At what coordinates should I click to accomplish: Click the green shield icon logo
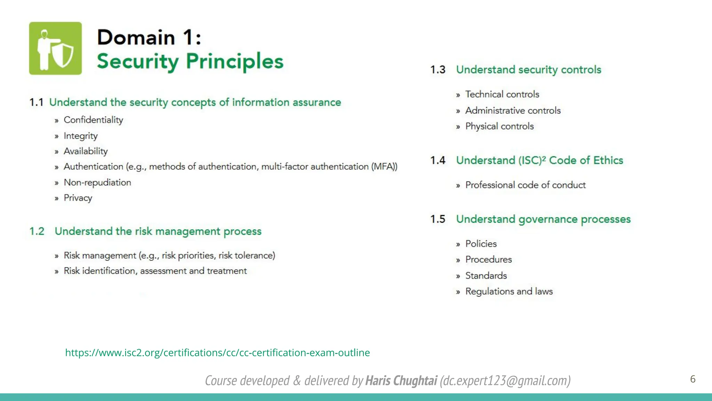click(x=55, y=48)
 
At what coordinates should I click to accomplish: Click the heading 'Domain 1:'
click(x=149, y=37)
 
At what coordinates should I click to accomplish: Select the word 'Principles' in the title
click(x=235, y=61)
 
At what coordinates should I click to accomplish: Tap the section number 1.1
click(x=36, y=102)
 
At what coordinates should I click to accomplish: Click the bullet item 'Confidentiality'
click(x=93, y=120)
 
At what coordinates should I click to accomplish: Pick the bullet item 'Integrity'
click(x=80, y=136)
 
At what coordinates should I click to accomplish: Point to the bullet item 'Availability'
click(x=86, y=151)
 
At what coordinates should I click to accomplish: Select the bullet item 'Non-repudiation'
click(x=97, y=182)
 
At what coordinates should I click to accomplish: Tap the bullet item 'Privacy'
click(x=78, y=198)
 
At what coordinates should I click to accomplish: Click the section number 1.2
click(x=37, y=231)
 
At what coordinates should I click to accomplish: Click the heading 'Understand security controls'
click(x=528, y=70)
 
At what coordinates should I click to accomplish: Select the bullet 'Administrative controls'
click(x=513, y=111)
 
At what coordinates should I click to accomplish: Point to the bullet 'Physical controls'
click(x=499, y=126)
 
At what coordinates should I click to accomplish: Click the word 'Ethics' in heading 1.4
click(x=608, y=160)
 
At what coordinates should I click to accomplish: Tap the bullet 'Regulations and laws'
click(x=509, y=291)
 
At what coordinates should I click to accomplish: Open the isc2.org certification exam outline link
click(x=217, y=353)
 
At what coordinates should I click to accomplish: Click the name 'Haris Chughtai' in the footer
click(x=401, y=380)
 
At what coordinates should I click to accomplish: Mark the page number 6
click(x=693, y=379)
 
